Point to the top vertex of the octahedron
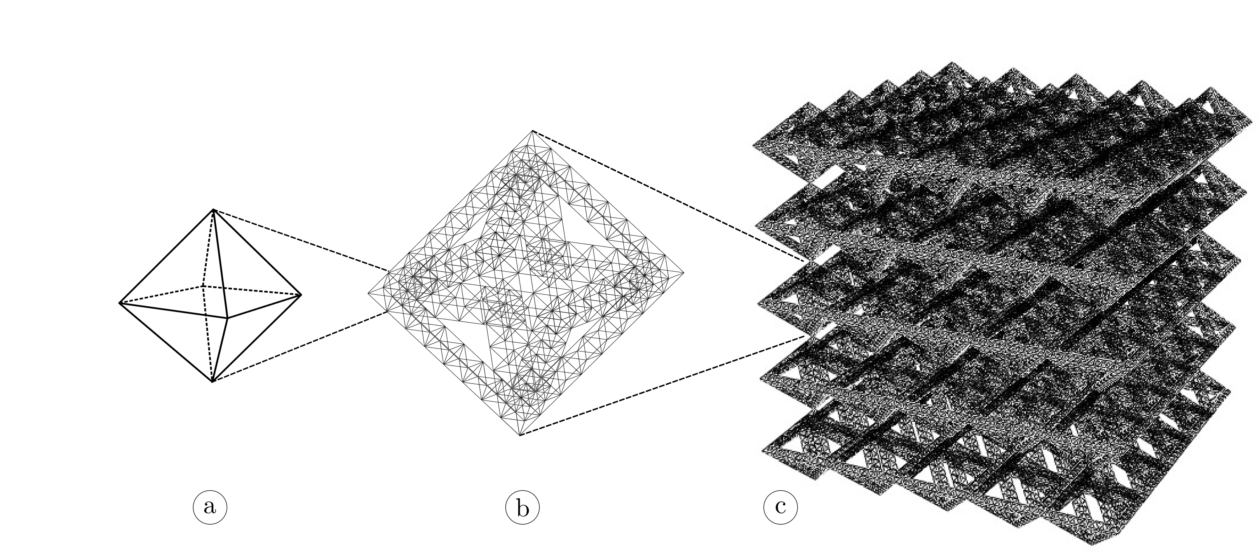[213, 210]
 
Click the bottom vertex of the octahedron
[213, 381]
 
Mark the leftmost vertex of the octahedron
[120, 303]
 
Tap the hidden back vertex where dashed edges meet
[202, 286]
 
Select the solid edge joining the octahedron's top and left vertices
[166, 257]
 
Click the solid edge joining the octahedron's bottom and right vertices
[257, 337]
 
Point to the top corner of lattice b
[533, 131]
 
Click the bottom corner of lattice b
[521, 435]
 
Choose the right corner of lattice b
[684, 273]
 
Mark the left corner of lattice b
[368, 293]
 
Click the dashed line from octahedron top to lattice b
[301, 240]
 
